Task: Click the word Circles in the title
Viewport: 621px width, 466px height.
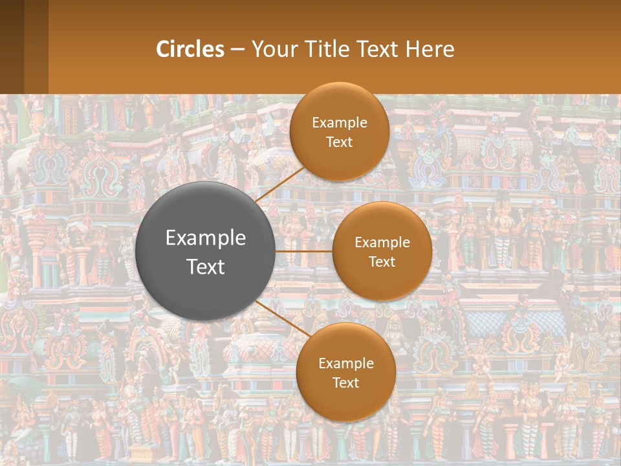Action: (x=190, y=49)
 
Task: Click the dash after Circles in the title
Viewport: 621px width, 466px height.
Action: (x=237, y=50)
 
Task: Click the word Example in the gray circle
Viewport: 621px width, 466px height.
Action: (x=206, y=238)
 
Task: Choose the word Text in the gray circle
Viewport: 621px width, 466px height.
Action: (x=206, y=267)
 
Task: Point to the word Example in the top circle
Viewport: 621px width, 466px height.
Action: (x=340, y=123)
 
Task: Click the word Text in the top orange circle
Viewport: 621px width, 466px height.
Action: (x=340, y=142)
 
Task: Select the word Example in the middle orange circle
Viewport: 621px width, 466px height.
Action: (x=382, y=243)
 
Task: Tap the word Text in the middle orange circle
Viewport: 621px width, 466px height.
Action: (x=382, y=262)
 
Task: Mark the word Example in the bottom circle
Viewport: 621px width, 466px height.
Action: (x=346, y=364)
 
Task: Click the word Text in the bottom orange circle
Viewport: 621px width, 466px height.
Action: (x=346, y=383)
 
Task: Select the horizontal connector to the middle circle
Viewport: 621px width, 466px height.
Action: (x=304, y=251)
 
